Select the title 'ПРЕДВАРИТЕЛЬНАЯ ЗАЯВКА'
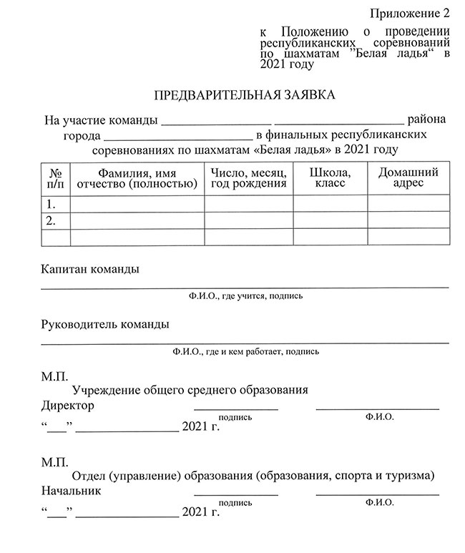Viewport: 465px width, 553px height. [245, 94]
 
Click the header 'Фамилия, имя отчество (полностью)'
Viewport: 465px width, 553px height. [137, 178]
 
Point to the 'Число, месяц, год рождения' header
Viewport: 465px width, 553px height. [248, 178]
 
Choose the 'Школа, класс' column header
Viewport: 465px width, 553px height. [330, 178]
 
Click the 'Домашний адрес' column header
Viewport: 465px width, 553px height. [408, 178]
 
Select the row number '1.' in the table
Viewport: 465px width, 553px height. [51, 204]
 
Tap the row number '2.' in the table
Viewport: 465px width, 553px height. [51, 221]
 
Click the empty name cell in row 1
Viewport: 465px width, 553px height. [137, 204]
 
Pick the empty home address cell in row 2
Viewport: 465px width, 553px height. [408, 221]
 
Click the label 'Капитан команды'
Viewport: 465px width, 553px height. [90, 270]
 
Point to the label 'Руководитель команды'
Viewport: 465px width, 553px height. [105, 324]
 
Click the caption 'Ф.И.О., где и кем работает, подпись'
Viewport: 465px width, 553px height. [245, 351]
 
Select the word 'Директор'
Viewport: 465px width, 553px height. [68, 406]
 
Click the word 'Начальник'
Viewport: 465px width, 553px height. [72, 491]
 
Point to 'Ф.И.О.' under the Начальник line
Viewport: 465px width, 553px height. [378, 502]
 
